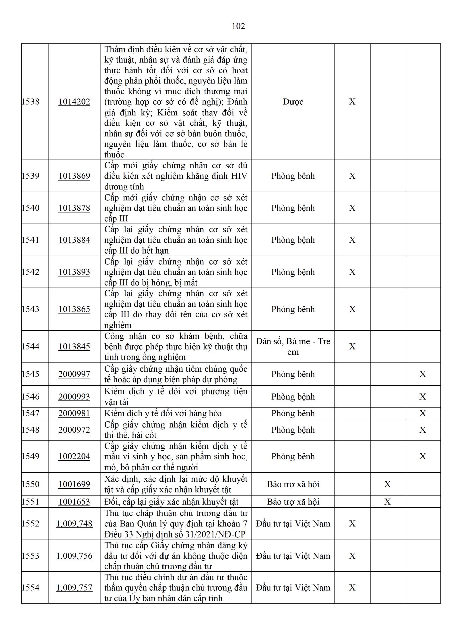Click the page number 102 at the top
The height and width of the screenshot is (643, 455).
(238, 26)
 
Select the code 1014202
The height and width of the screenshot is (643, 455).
(74, 102)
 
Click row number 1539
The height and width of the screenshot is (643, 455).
(30, 176)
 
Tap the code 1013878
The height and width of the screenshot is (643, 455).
(74, 208)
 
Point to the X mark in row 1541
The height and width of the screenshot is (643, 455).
(352, 240)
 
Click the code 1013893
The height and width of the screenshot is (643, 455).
(74, 272)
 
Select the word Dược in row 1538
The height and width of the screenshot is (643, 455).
(293, 102)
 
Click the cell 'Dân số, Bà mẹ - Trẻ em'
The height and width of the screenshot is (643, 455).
(293, 346)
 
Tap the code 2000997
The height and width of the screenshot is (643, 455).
(74, 374)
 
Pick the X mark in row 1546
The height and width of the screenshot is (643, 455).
(422, 397)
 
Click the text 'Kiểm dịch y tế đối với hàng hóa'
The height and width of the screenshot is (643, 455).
(163, 413)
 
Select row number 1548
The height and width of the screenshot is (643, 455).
(30, 430)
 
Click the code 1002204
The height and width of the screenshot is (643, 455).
(74, 456)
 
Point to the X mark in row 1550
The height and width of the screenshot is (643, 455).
(387, 484)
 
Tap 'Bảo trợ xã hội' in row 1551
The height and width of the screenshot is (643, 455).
(293, 502)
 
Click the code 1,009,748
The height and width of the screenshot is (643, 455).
(74, 524)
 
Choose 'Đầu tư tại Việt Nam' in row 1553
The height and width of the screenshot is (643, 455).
(293, 556)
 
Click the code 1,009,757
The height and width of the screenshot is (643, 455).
(74, 588)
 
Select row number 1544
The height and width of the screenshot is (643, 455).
(30, 346)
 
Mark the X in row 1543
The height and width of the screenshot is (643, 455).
(352, 309)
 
